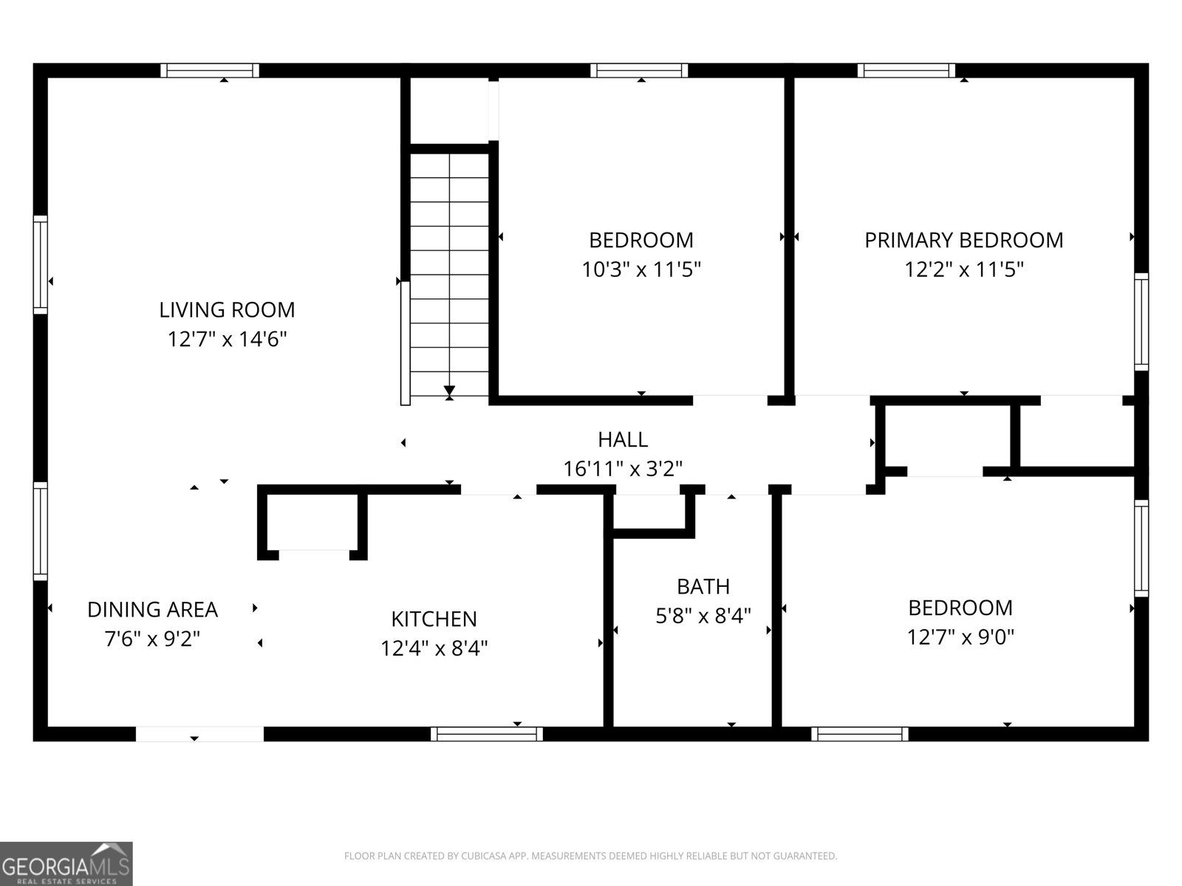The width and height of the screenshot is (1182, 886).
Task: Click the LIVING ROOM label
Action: point(227,309)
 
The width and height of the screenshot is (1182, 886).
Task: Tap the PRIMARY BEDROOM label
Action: point(963,240)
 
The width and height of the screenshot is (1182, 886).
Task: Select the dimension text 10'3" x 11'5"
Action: point(640,269)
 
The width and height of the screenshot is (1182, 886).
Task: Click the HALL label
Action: point(623,439)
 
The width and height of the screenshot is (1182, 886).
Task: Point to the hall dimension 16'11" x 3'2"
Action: point(623,469)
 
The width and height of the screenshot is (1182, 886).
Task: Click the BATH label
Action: point(703,586)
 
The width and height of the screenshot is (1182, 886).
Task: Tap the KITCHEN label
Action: point(434,619)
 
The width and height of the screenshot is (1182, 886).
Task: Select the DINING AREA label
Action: point(152,609)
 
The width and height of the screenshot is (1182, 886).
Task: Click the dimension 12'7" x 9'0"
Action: point(960,636)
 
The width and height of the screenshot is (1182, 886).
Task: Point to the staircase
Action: point(449,273)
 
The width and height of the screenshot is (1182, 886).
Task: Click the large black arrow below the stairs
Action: point(449,391)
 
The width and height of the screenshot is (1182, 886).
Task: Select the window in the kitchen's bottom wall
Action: point(487,734)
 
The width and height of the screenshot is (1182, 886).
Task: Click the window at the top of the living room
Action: point(210,71)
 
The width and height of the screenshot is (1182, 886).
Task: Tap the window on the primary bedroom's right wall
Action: point(1141,321)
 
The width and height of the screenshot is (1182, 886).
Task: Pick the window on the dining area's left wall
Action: point(40,531)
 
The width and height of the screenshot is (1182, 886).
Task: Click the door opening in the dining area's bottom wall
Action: point(199,734)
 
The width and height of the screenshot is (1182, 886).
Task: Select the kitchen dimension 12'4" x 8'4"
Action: point(434,648)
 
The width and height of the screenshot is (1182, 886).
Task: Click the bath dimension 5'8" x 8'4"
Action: point(703,615)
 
